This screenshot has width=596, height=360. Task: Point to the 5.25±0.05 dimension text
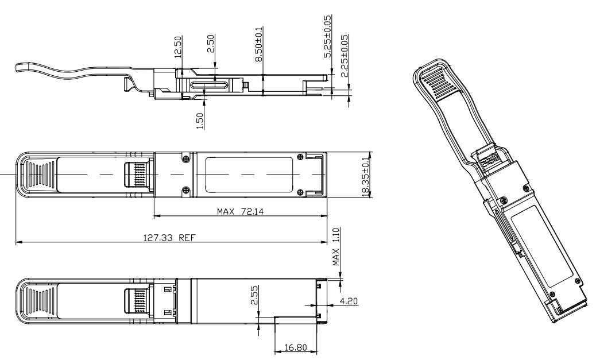[327, 37]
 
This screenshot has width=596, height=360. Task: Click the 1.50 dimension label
[200, 122]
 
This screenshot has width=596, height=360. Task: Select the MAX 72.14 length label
[240, 211]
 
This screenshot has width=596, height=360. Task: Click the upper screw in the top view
[185, 159]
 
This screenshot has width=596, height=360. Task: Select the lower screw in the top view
[185, 190]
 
